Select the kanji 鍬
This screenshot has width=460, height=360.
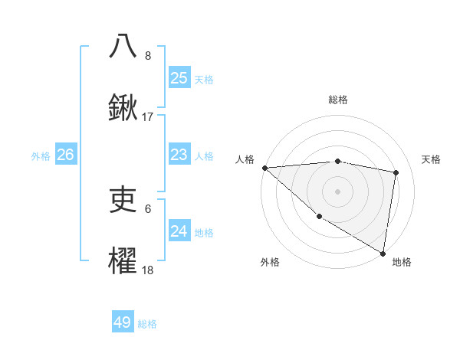click(123, 108)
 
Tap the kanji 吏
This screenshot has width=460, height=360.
click(123, 200)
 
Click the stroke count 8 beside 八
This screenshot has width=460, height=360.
click(148, 56)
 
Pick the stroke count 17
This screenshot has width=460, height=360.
click(148, 117)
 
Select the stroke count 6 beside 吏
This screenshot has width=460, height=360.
click(148, 208)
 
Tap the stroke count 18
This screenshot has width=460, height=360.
click(148, 270)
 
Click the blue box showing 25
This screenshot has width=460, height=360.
click(179, 77)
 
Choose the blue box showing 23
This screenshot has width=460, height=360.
click(179, 155)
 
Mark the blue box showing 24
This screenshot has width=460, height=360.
click(179, 231)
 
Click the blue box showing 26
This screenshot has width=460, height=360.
click(65, 155)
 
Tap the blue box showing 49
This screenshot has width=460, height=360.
click(123, 322)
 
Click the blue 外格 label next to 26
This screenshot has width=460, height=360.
click(41, 156)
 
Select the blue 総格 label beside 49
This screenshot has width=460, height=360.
click(147, 324)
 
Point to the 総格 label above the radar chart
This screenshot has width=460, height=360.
click(337, 100)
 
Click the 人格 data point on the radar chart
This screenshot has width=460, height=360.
click(264, 168)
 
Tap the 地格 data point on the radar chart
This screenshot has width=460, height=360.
click(383, 252)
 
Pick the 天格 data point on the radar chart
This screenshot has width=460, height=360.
click(396, 172)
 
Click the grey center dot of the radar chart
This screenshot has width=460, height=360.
click(337, 191)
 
